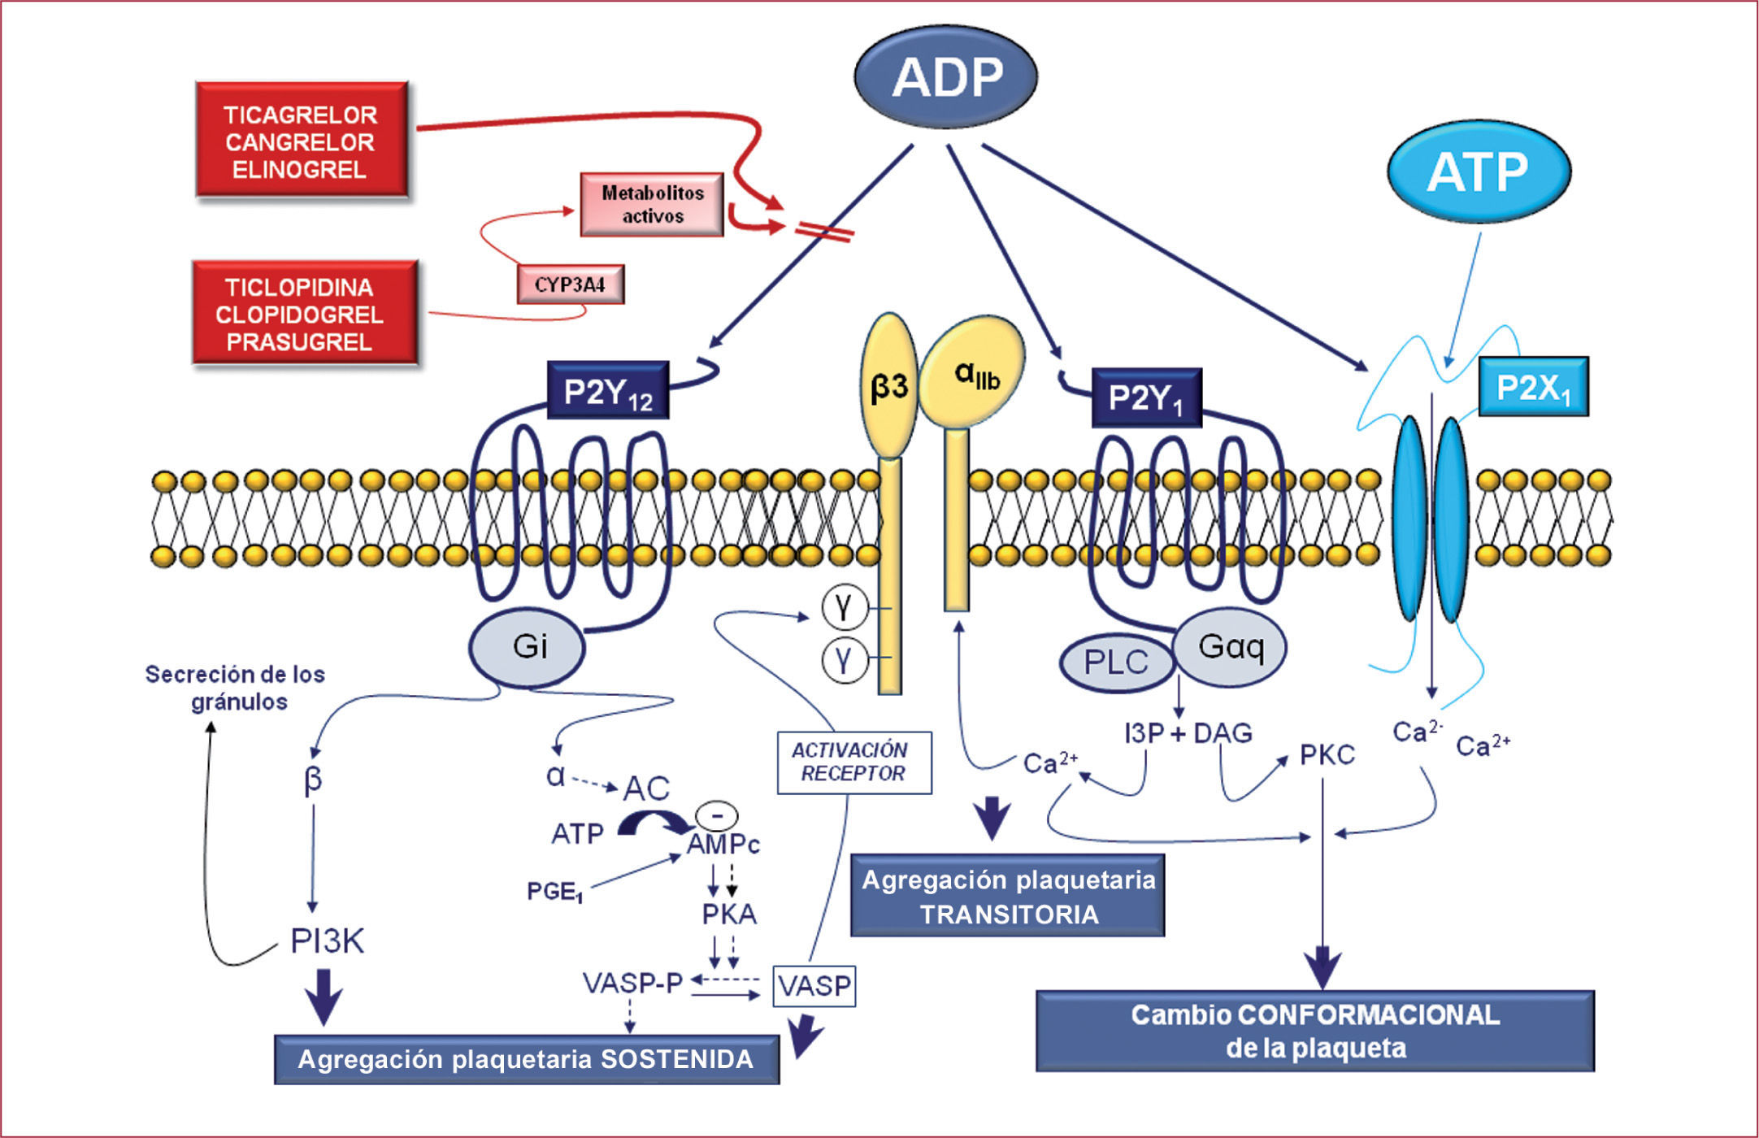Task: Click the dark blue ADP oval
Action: tap(946, 77)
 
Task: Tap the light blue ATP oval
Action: tap(1478, 172)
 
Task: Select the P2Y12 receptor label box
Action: tap(608, 391)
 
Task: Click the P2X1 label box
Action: tap(1533, 388)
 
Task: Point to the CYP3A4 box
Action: tap(571, 284)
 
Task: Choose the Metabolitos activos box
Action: tap(652, 204)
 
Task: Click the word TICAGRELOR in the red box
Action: tap(300, 115)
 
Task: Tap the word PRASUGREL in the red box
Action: tap(299, 342)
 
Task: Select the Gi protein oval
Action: tap(528, 647)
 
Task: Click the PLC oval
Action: tap(1116, 662)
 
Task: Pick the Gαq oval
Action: tap(1231, 647)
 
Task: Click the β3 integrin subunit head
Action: tap(889, 387)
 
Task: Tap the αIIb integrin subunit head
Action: tap(974, 372)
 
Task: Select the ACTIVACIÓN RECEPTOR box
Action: tap(853, 762)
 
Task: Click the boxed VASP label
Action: tap(814, 986)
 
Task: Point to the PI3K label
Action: tap(328, 941)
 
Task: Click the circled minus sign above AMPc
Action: tap(716, 814)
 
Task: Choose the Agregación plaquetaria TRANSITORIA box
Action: tap(1008, 896)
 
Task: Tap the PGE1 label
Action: tap(555, 892)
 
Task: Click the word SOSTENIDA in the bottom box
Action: tap(676, 1059)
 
